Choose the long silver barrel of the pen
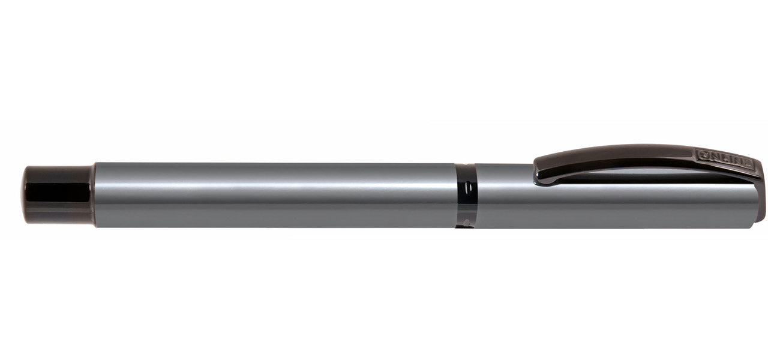coord(270,195)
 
